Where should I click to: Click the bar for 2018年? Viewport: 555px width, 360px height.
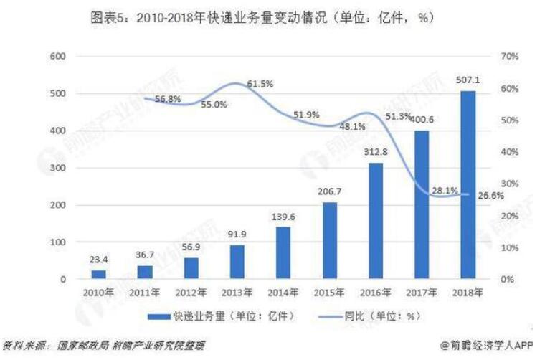click(468, 184)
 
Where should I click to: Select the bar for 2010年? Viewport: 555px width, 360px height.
click(98, 274)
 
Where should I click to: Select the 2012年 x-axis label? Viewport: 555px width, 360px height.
click(191, 293)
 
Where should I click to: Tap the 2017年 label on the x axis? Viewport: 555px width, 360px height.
click(422, 293)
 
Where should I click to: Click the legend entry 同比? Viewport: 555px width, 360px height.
click(369, 316)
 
